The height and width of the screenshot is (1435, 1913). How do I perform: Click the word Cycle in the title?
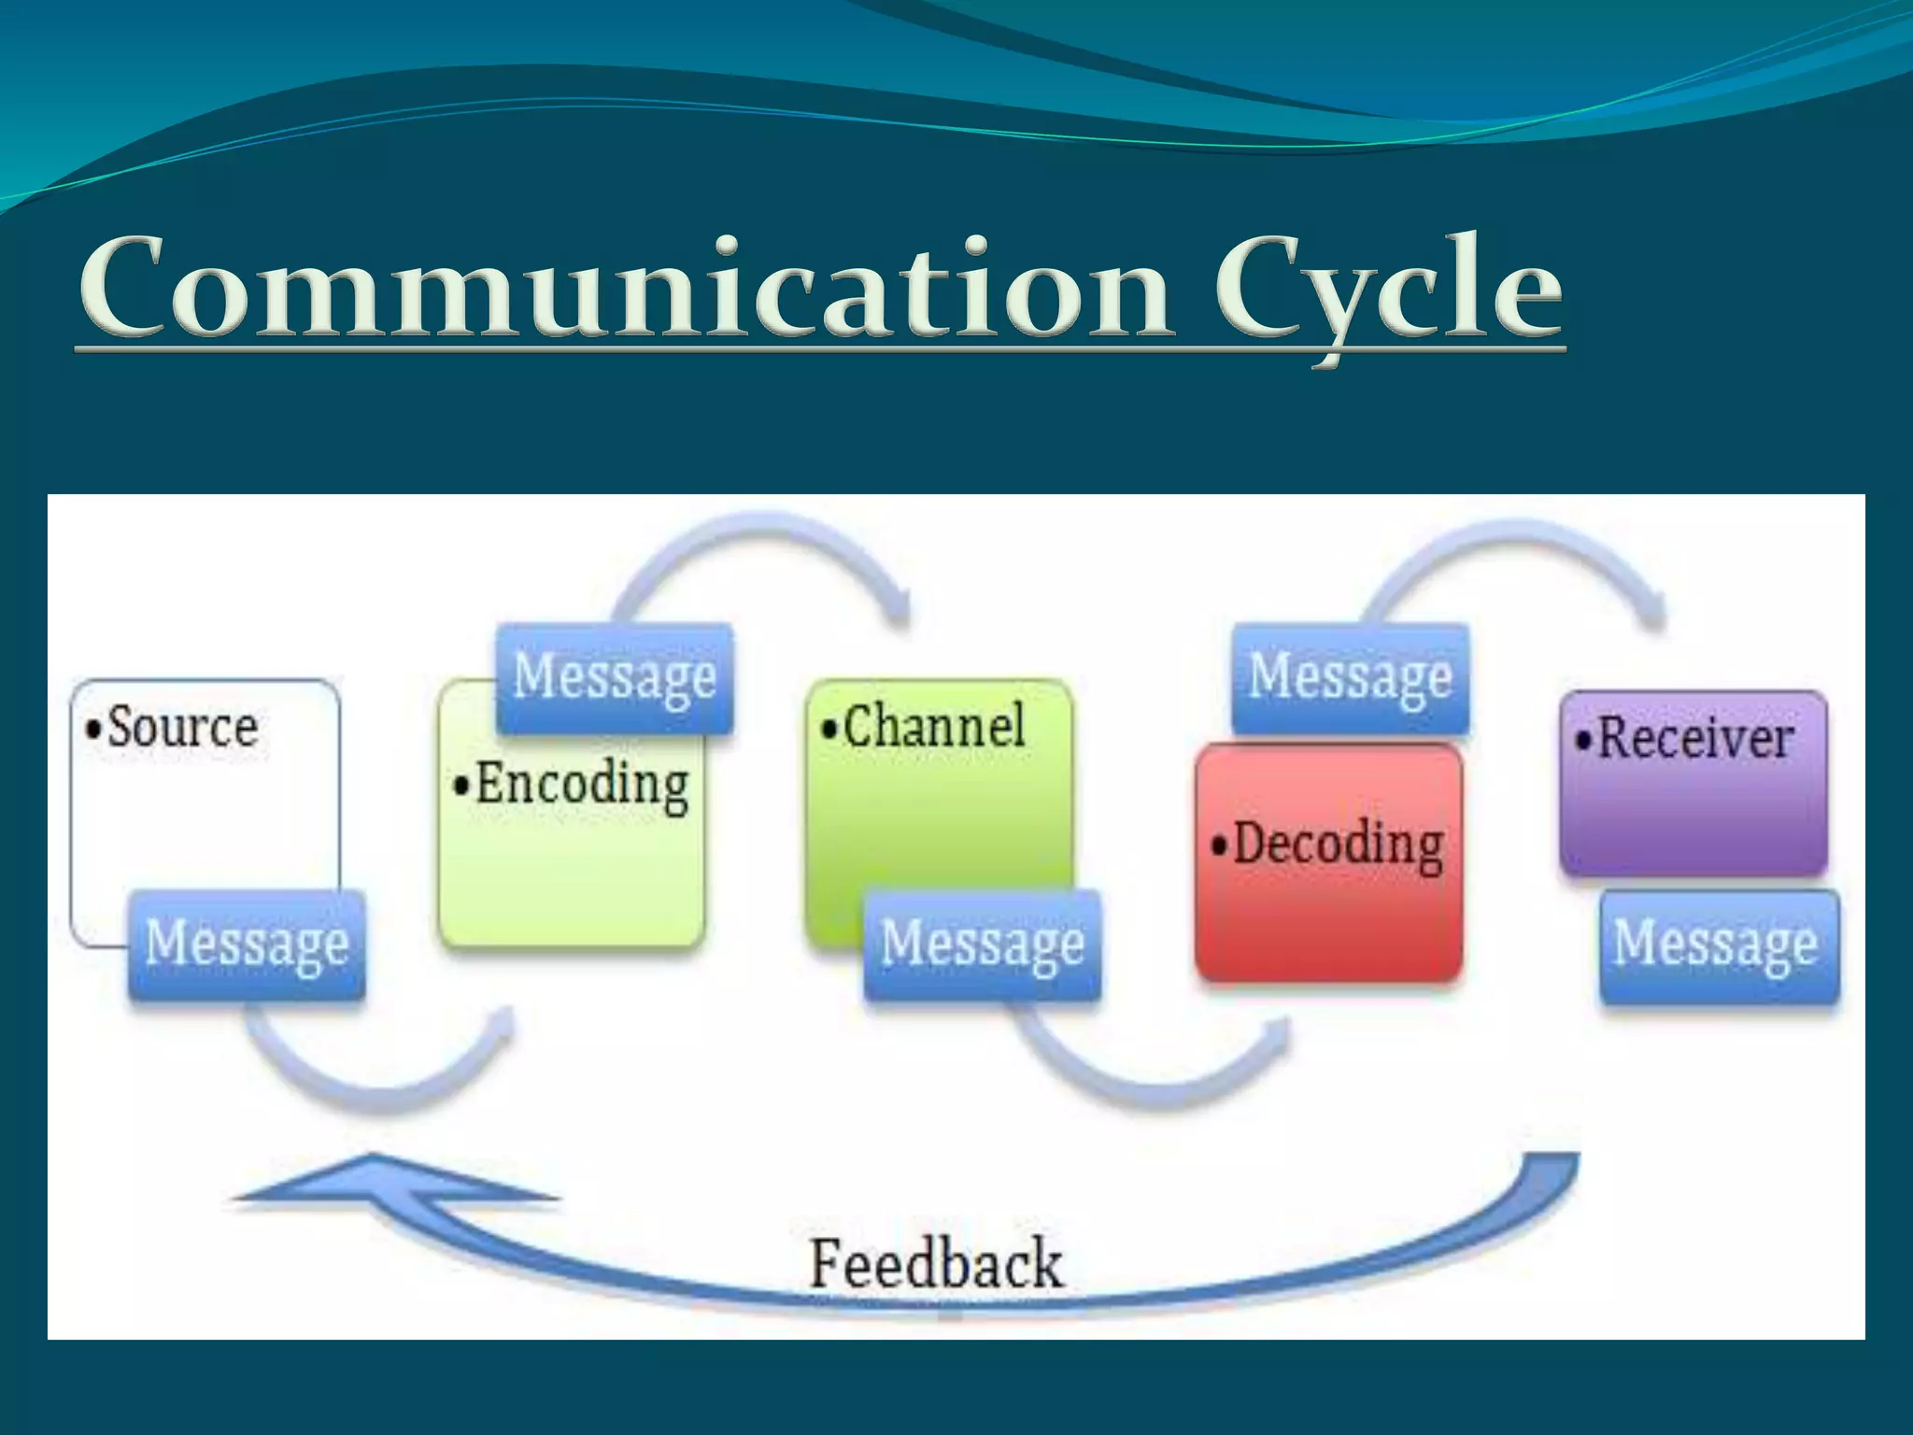(x=1388, y=290)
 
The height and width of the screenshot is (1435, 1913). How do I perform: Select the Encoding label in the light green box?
(x=582, y=785)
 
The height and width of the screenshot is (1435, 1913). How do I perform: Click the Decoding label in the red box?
(x=1338, y=844)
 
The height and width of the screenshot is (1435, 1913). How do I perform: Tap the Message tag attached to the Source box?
(x=247, y=944)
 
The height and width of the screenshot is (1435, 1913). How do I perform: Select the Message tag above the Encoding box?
(x=615, y=676)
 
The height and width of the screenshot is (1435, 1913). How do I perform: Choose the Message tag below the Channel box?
(x=982, y=944)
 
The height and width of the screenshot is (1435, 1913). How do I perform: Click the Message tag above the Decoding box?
(x=1350, y=676)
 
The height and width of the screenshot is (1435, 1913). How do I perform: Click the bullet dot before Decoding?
(x=1219, y=846)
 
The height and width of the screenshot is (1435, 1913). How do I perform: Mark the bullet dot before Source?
(x=92, y=730)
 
